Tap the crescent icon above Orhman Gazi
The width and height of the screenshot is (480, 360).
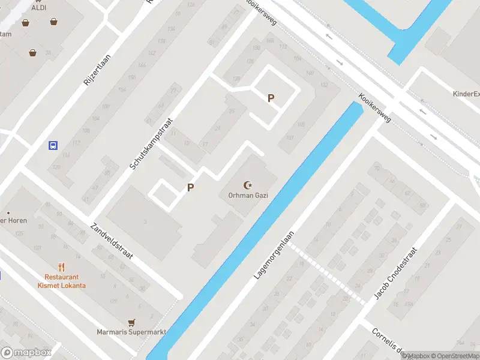[247, 185]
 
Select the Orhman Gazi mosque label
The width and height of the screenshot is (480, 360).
[247, 196]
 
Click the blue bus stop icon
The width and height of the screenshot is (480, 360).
[53, 145]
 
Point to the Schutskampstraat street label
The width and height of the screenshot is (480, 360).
[151, 143]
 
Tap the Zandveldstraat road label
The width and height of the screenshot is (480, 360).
[112, 241]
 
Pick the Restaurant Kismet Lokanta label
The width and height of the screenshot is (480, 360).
[65, 281]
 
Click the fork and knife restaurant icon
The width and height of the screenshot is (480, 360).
[61, 267]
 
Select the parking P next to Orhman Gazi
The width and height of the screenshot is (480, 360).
[190, 188]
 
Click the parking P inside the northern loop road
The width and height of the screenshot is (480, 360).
[271, 98]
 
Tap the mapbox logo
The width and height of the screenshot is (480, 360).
[26, 352]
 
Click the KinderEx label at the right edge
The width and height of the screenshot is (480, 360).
[466, 94]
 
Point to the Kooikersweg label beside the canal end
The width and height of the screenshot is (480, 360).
[375, 107]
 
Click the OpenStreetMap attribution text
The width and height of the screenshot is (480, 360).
[454, 356]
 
